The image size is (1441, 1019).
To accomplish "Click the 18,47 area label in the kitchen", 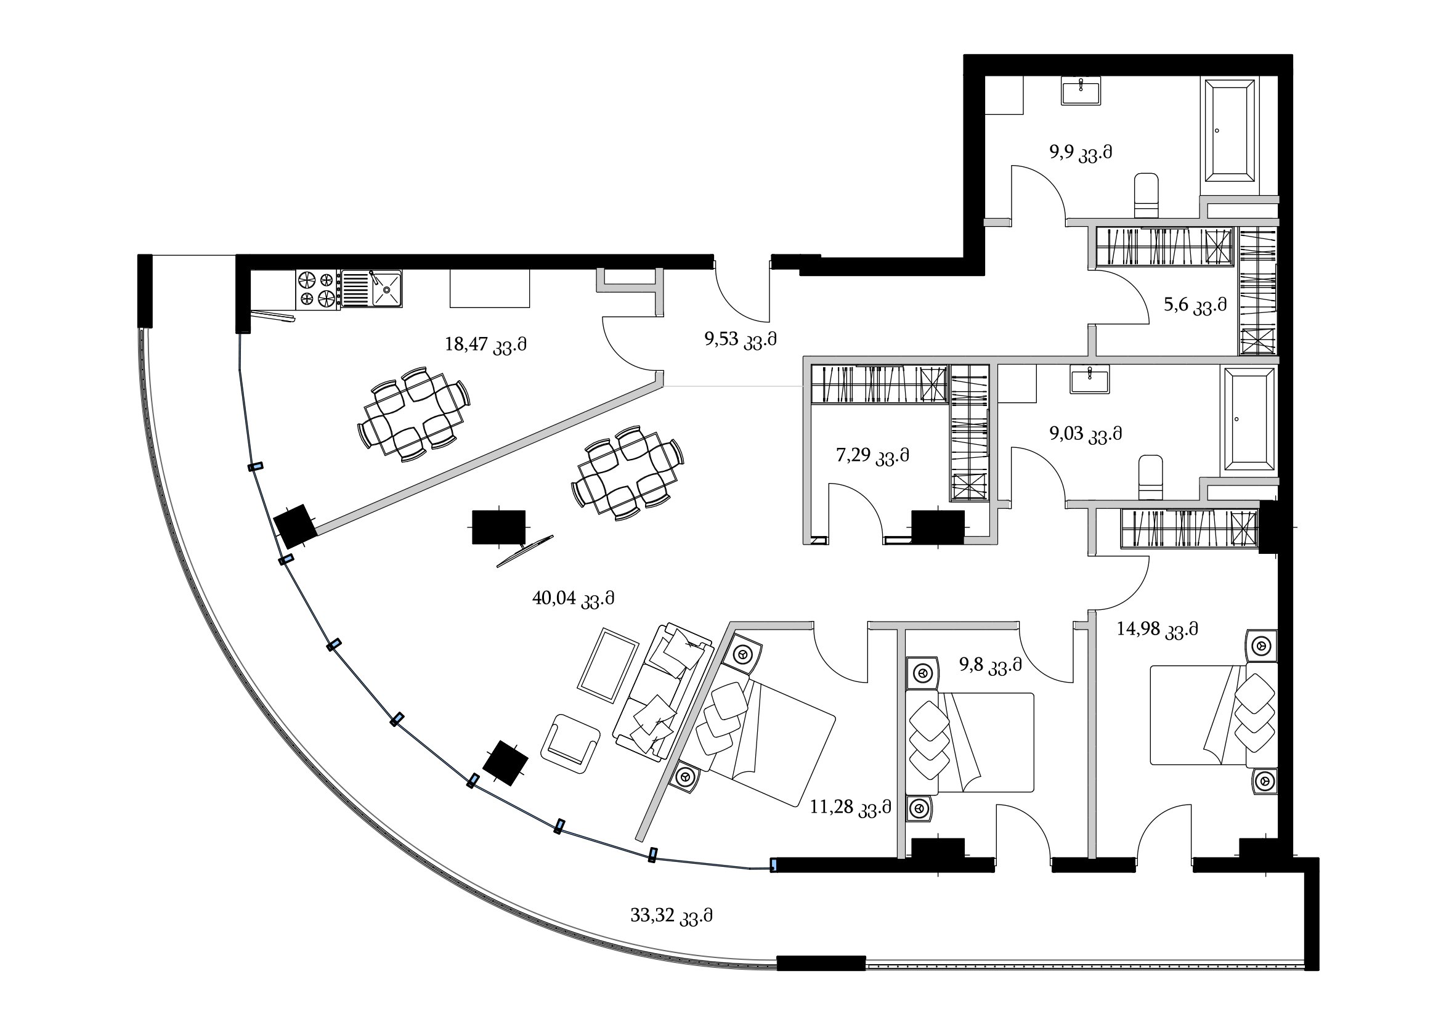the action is point(485,345).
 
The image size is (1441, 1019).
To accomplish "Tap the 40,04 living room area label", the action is point(573,599).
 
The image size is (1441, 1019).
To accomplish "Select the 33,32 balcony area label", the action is point(672,917).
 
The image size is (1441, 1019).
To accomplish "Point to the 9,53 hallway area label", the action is point(741,340).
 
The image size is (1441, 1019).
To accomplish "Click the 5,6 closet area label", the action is point(1195,306).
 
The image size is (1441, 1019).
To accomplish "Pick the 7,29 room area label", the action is point(872,455).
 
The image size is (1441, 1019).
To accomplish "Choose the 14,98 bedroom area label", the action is point(1158,629).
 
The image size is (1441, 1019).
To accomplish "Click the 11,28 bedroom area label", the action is point(850,807).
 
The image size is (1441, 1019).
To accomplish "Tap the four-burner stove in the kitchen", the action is point(318,290).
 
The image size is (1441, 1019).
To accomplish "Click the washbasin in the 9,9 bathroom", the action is point(1081,91).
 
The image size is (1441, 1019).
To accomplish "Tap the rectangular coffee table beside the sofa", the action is point(608,665).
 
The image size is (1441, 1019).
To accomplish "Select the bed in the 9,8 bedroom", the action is point(970,742).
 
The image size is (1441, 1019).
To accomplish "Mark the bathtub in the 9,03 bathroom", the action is point(1248,420).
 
